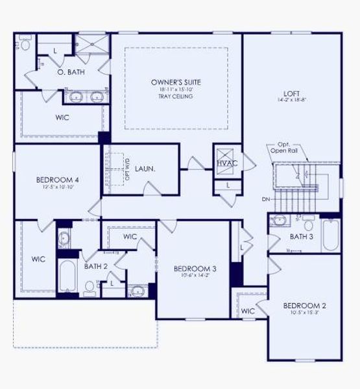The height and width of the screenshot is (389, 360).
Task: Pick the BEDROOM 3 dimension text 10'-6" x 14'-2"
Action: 194,275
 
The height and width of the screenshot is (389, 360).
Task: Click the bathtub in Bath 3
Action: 330,237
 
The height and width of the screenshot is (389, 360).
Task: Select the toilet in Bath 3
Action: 309,228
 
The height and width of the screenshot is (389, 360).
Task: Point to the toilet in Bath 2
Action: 90,287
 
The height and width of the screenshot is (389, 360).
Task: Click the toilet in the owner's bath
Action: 25,44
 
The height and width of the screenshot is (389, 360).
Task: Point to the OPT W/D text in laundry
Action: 127,170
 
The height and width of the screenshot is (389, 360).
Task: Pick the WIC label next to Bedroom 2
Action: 248,311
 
